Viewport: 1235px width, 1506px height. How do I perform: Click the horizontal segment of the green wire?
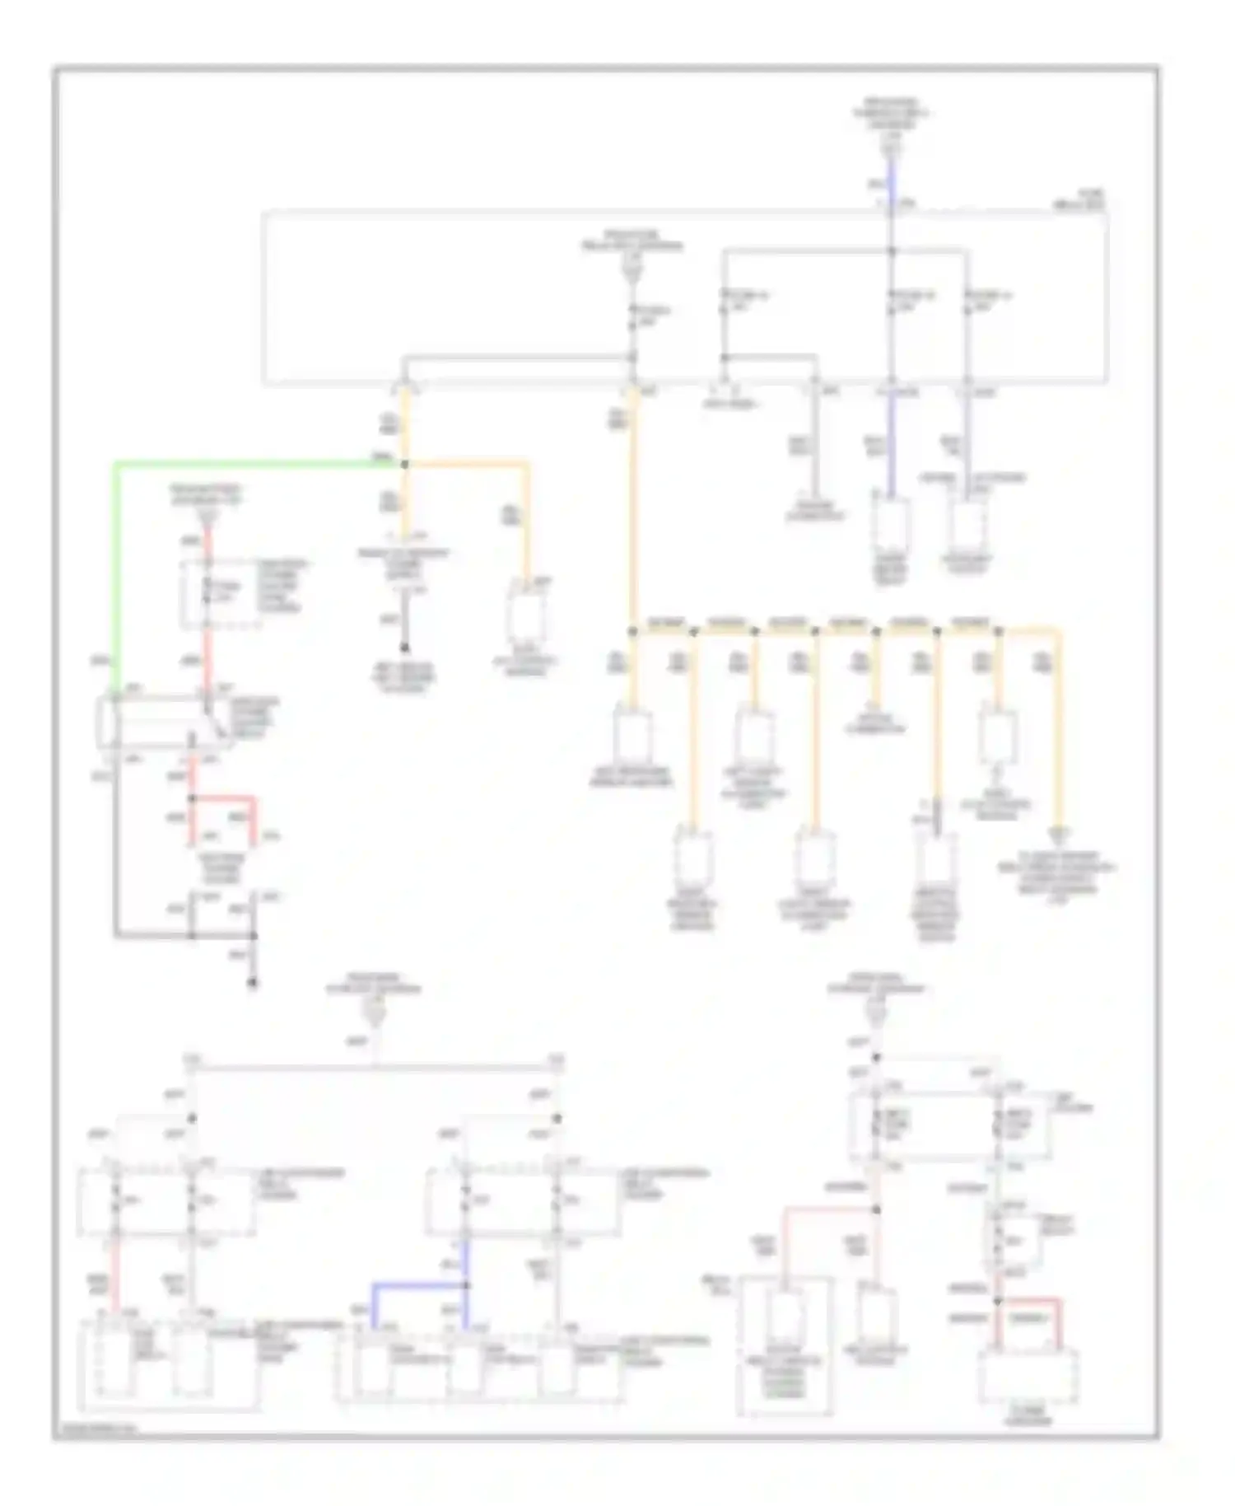[247, 464]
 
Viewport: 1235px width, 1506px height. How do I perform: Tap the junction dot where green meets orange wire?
[404, 464]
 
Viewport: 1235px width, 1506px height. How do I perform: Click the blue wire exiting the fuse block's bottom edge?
[891, 445]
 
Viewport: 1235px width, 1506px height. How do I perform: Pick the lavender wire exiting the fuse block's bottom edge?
[967, 445]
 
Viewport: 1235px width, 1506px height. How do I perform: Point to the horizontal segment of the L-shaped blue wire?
[418, 1284]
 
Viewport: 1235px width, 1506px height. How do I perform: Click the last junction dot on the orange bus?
[998, 632]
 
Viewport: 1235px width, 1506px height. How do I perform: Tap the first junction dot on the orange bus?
[632, 632]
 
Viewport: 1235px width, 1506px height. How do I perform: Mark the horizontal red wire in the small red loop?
[222, 798]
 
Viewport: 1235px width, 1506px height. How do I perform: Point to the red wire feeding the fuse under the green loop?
[208, 544]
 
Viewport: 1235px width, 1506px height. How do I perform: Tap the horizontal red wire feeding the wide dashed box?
[1028, 1300]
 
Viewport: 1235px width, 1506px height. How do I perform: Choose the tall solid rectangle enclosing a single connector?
[784, 1345]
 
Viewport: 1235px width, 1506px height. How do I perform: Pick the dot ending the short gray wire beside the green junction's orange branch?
[404, 648]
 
